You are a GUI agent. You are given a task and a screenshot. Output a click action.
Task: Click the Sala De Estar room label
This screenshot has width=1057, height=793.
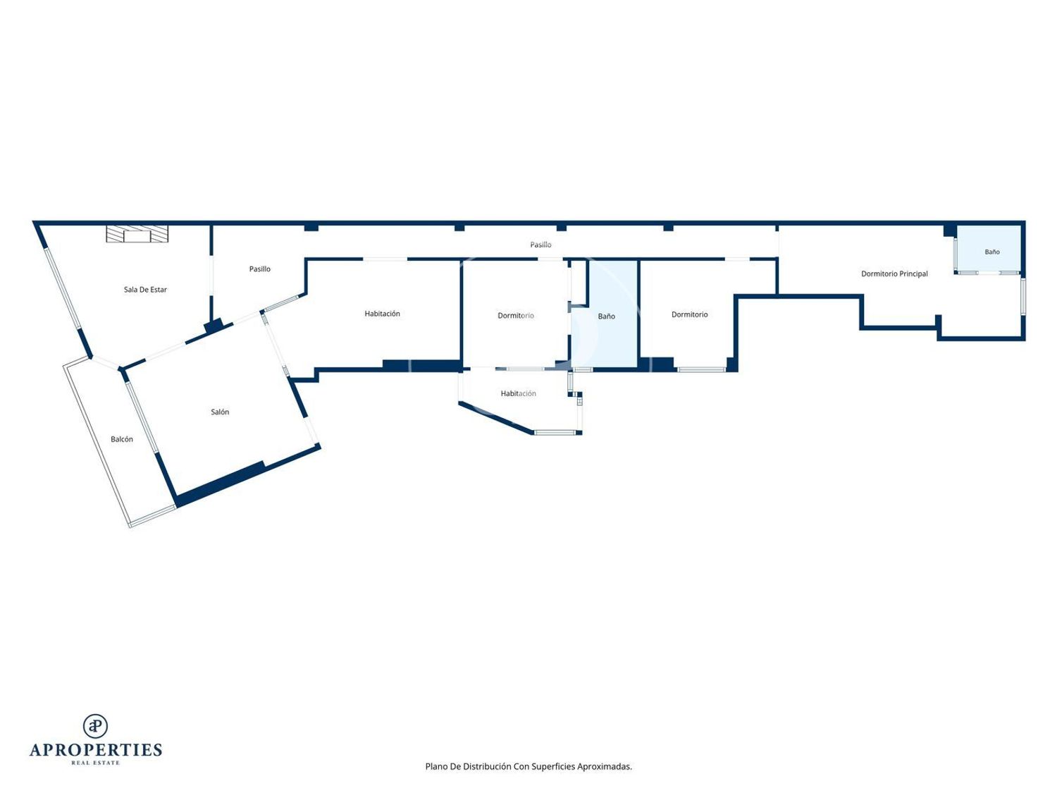click(x=145, y=290)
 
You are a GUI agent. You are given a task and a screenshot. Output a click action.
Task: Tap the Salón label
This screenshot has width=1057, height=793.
click(x=220, y=412)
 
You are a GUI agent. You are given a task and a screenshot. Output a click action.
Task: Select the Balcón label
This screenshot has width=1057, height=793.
click(x=121, y=439)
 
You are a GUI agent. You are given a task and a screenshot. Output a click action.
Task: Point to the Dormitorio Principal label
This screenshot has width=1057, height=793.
click(x=894, y=274)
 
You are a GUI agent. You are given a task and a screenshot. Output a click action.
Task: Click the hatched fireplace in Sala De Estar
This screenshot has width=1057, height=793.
click(x=137, y=233)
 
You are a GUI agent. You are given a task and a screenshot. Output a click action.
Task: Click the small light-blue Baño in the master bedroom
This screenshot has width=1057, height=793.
click(x=988, y=249)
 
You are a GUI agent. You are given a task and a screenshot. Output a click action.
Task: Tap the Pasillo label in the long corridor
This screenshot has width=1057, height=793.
click(x=540, y=245)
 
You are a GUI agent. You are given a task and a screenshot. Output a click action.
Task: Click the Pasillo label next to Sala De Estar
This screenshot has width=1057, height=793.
click(x=259, y=269)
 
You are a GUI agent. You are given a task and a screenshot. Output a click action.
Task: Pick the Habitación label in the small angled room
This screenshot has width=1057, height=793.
click(x=518, y=393)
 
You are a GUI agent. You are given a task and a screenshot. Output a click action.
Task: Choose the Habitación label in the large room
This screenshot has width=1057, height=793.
click(x=382, y=314)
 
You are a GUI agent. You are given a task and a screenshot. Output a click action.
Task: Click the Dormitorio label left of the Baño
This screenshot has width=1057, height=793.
click(x=516, y=315)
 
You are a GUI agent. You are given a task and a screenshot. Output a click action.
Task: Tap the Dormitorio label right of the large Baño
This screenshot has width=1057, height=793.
click(x=690, y=314)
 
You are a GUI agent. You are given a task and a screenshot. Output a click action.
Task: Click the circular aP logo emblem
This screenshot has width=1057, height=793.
click(x=95, y=726)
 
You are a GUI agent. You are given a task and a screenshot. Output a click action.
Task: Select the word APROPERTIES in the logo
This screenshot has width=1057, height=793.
click(x=96, y=750)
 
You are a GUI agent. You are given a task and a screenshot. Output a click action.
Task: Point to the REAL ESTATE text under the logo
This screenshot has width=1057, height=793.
click(x=95, y=763)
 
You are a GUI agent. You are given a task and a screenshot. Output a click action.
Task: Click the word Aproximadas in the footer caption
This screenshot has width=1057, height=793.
click(x=605, y=766)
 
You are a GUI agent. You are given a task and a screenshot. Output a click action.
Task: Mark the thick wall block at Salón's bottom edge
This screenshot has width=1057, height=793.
click(x=220, y=484)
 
